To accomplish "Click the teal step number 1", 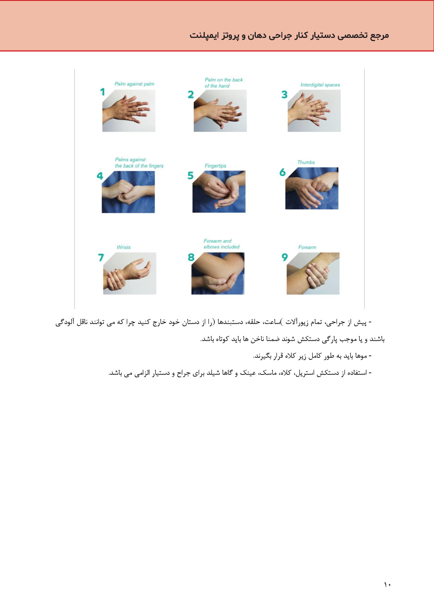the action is point(103,92).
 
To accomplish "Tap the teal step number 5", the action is point(190,175).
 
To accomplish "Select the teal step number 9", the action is point(285,257).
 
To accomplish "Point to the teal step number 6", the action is point(282,172).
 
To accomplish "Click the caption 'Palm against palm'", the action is point(134,84).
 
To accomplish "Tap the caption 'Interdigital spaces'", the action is point(320,85).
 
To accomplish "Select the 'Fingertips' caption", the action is point(215,166).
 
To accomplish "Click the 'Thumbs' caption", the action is point(306,162).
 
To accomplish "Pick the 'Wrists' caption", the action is point(124,247).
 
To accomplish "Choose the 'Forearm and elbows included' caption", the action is point(222,244).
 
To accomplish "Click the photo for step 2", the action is point(220,111).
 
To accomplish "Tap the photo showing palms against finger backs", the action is point(128,192).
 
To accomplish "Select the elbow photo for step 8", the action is point(218,273).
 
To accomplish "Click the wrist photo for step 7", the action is point(130,273).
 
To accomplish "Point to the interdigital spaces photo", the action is point(314,111).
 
